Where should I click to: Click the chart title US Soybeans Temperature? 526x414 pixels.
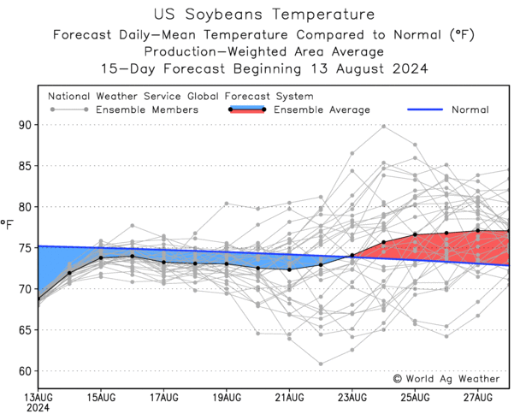pyautogui.click(x=263, y=15)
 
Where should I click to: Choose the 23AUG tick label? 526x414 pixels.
pyautogui.click(x=352, y=397)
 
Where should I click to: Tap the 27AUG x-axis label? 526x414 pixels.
pyautogui.click(x=477, y=397)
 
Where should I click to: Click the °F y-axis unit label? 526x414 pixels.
pyautogui.click(x=8, y=224)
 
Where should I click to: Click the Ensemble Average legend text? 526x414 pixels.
pyautogui.click(x=322, y=109)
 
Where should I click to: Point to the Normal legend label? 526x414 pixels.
pyautogui.click(x=470, y=109)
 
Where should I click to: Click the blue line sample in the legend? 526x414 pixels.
pyautogui.click(x=417, y=109)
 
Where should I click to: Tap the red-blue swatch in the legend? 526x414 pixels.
pyautogui.click(x=247, y=109)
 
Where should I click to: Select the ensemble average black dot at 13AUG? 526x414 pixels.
pyautogui.click(x=39, y=299)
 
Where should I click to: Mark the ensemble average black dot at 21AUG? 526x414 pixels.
pyautogui.click(x=289, y=269)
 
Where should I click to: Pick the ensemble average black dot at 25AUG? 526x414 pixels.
pyautogui.click(x=415, y=234)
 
